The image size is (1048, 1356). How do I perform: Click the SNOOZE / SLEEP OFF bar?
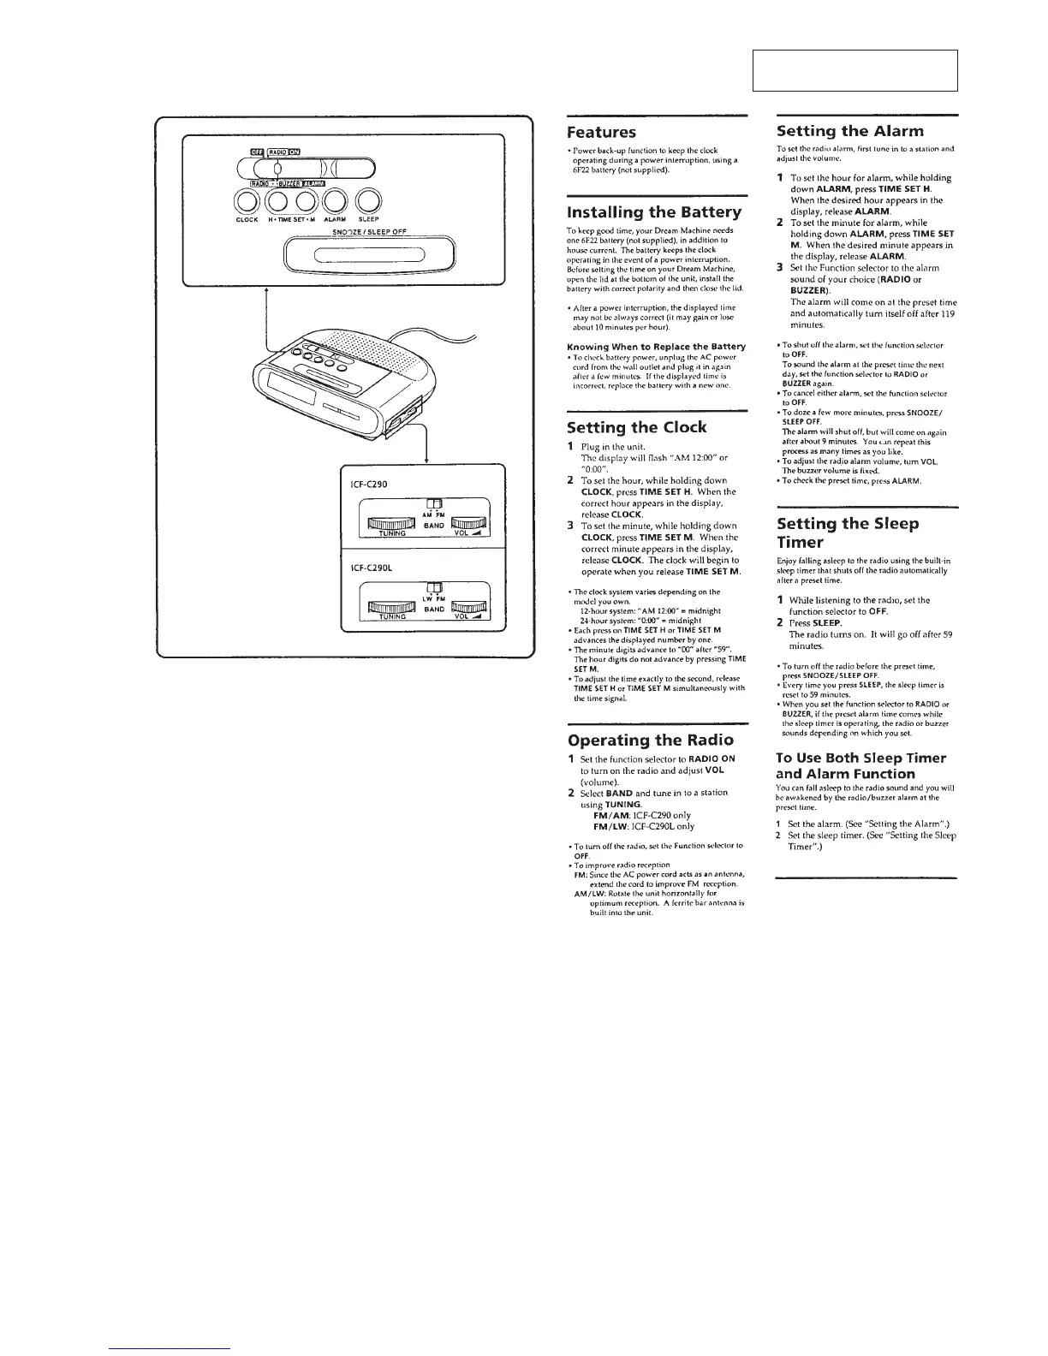pos(370,256)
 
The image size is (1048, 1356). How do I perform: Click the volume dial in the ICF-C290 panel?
pos(468,523)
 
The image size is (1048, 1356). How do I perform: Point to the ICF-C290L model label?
pos(370,567)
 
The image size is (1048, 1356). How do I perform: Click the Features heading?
pos(602,133)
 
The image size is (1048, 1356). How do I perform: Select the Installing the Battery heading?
pos(654,212)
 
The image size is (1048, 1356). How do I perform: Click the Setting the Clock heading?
pos(636,427)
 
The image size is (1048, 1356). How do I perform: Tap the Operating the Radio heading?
pos(650,740)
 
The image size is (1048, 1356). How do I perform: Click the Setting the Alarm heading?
pos(838,131)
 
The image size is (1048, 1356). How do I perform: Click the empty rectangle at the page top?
pos(854,70)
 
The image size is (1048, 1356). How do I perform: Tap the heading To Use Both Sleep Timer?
pos(860,758)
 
